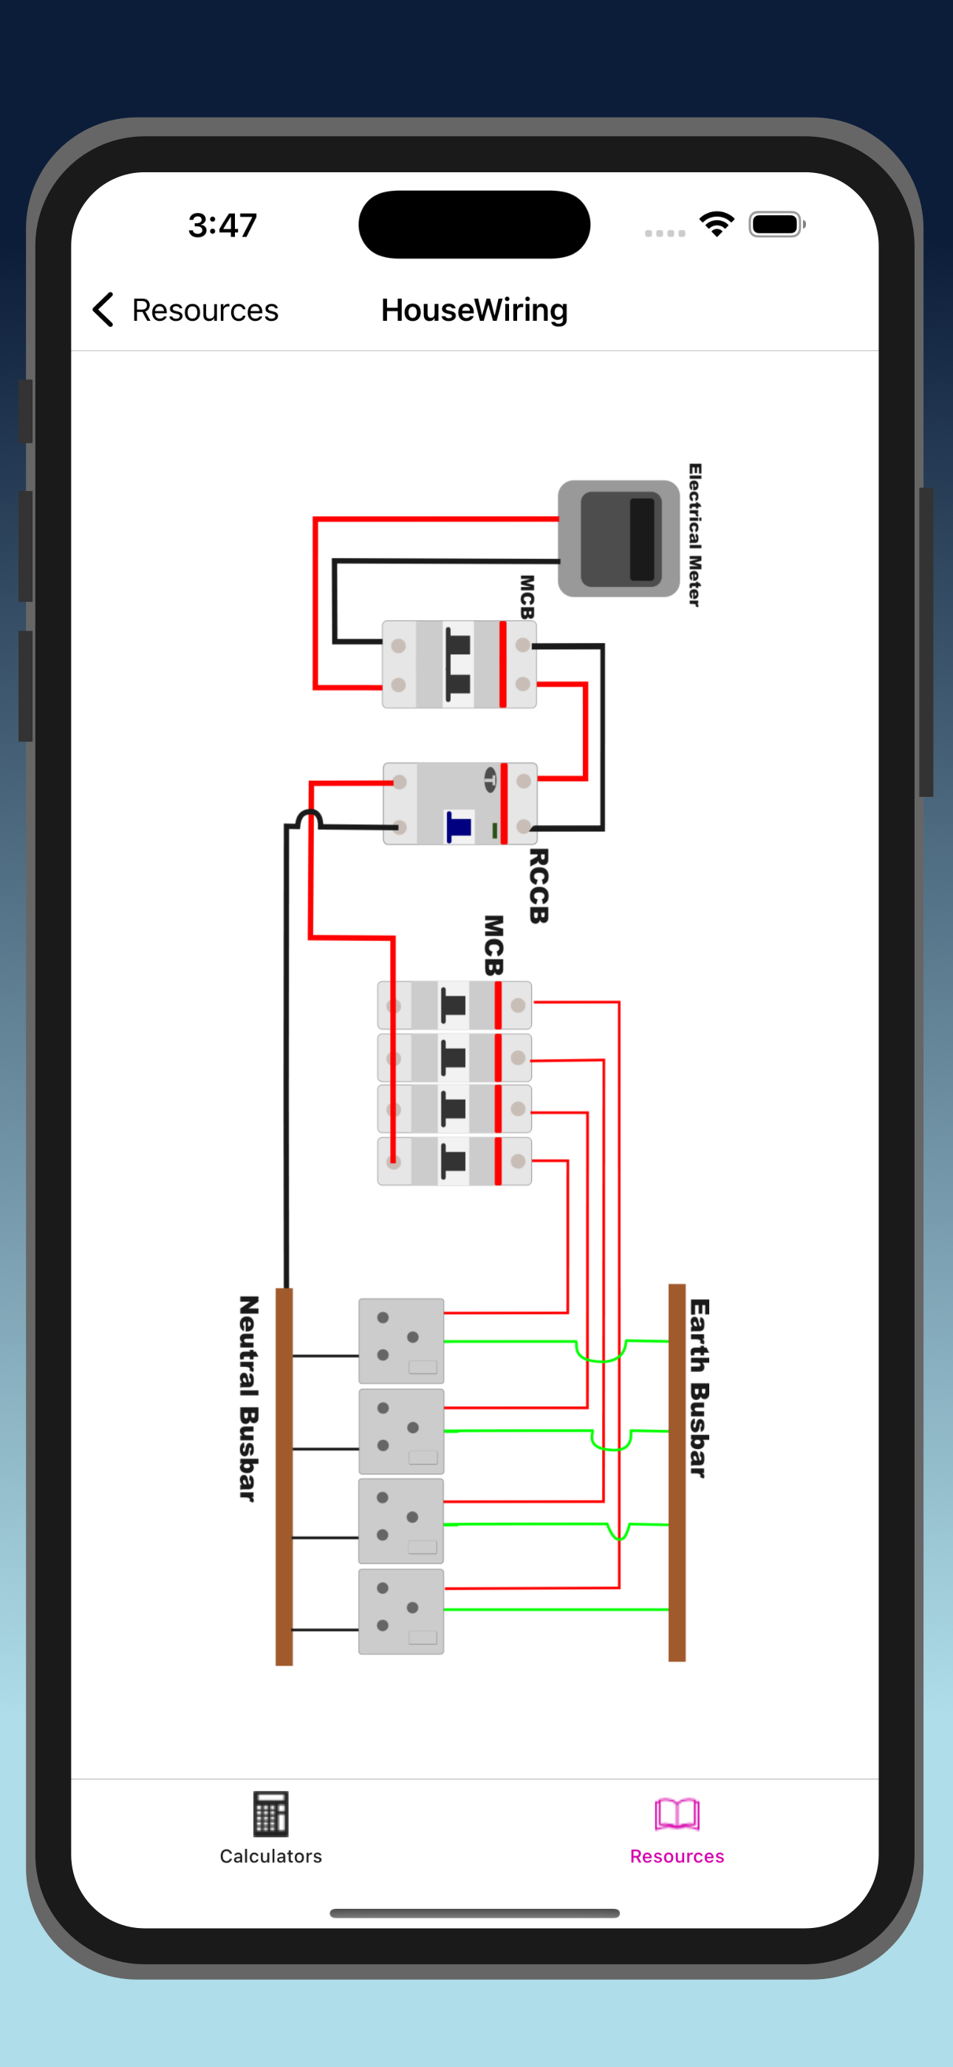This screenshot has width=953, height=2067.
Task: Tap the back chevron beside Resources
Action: [103, 310]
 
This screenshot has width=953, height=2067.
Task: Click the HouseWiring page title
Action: [474, 310]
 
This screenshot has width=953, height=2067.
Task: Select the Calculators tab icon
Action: [271, 1814]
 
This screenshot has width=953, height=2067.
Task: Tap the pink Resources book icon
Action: [676, 1814]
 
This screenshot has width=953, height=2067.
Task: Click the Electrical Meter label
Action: [694, 534]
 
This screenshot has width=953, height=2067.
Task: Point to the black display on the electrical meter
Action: [642, 538]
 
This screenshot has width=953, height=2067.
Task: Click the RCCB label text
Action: [539, 886]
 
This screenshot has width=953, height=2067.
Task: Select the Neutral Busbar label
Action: [249, 1398]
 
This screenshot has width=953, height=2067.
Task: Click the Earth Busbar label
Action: [700, 1388]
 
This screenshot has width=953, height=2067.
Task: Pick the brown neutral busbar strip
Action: [284, 1476]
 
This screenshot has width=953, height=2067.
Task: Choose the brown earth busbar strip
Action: [677, 1473]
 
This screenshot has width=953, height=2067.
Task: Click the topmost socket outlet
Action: [401, 1341]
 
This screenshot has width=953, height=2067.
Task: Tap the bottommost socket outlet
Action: [401, 1611]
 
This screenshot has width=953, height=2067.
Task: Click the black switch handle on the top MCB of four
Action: [454, 1005]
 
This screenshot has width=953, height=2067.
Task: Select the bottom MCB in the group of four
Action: [454, 1160]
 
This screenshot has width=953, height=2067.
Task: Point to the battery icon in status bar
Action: [776, 225]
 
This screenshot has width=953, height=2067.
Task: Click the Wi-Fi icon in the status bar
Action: [717, 224]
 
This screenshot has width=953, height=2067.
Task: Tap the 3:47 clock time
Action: [222, 225]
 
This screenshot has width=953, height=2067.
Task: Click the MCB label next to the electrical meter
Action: [526, 596]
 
